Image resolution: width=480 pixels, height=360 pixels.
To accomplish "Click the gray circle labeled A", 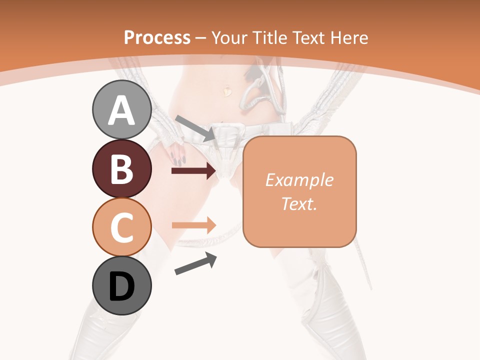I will click(x=122, y=109).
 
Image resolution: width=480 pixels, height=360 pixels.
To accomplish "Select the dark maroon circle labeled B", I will click(x=122, y=168).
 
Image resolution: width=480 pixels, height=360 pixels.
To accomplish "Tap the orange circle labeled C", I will click(x=122, y=227).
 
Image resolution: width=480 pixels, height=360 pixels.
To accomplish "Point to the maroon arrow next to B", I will click(x=193, y=171).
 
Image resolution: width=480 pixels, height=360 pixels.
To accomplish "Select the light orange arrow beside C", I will click(x=193, y=225).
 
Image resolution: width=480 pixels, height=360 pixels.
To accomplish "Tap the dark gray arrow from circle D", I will click(x=196, y=263).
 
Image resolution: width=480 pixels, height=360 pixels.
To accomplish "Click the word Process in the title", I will click(x=157, y=37).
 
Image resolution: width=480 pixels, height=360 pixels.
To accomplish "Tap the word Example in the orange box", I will click(x=299, y=180).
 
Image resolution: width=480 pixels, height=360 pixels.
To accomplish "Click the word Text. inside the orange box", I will click(x=299, y=203).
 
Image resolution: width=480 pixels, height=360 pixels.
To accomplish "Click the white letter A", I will click(x=122, y=110).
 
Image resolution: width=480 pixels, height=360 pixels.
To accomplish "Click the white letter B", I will click(x=122, y=169).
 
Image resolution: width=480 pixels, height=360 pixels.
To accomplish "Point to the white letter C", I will click(x=122, y=227).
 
